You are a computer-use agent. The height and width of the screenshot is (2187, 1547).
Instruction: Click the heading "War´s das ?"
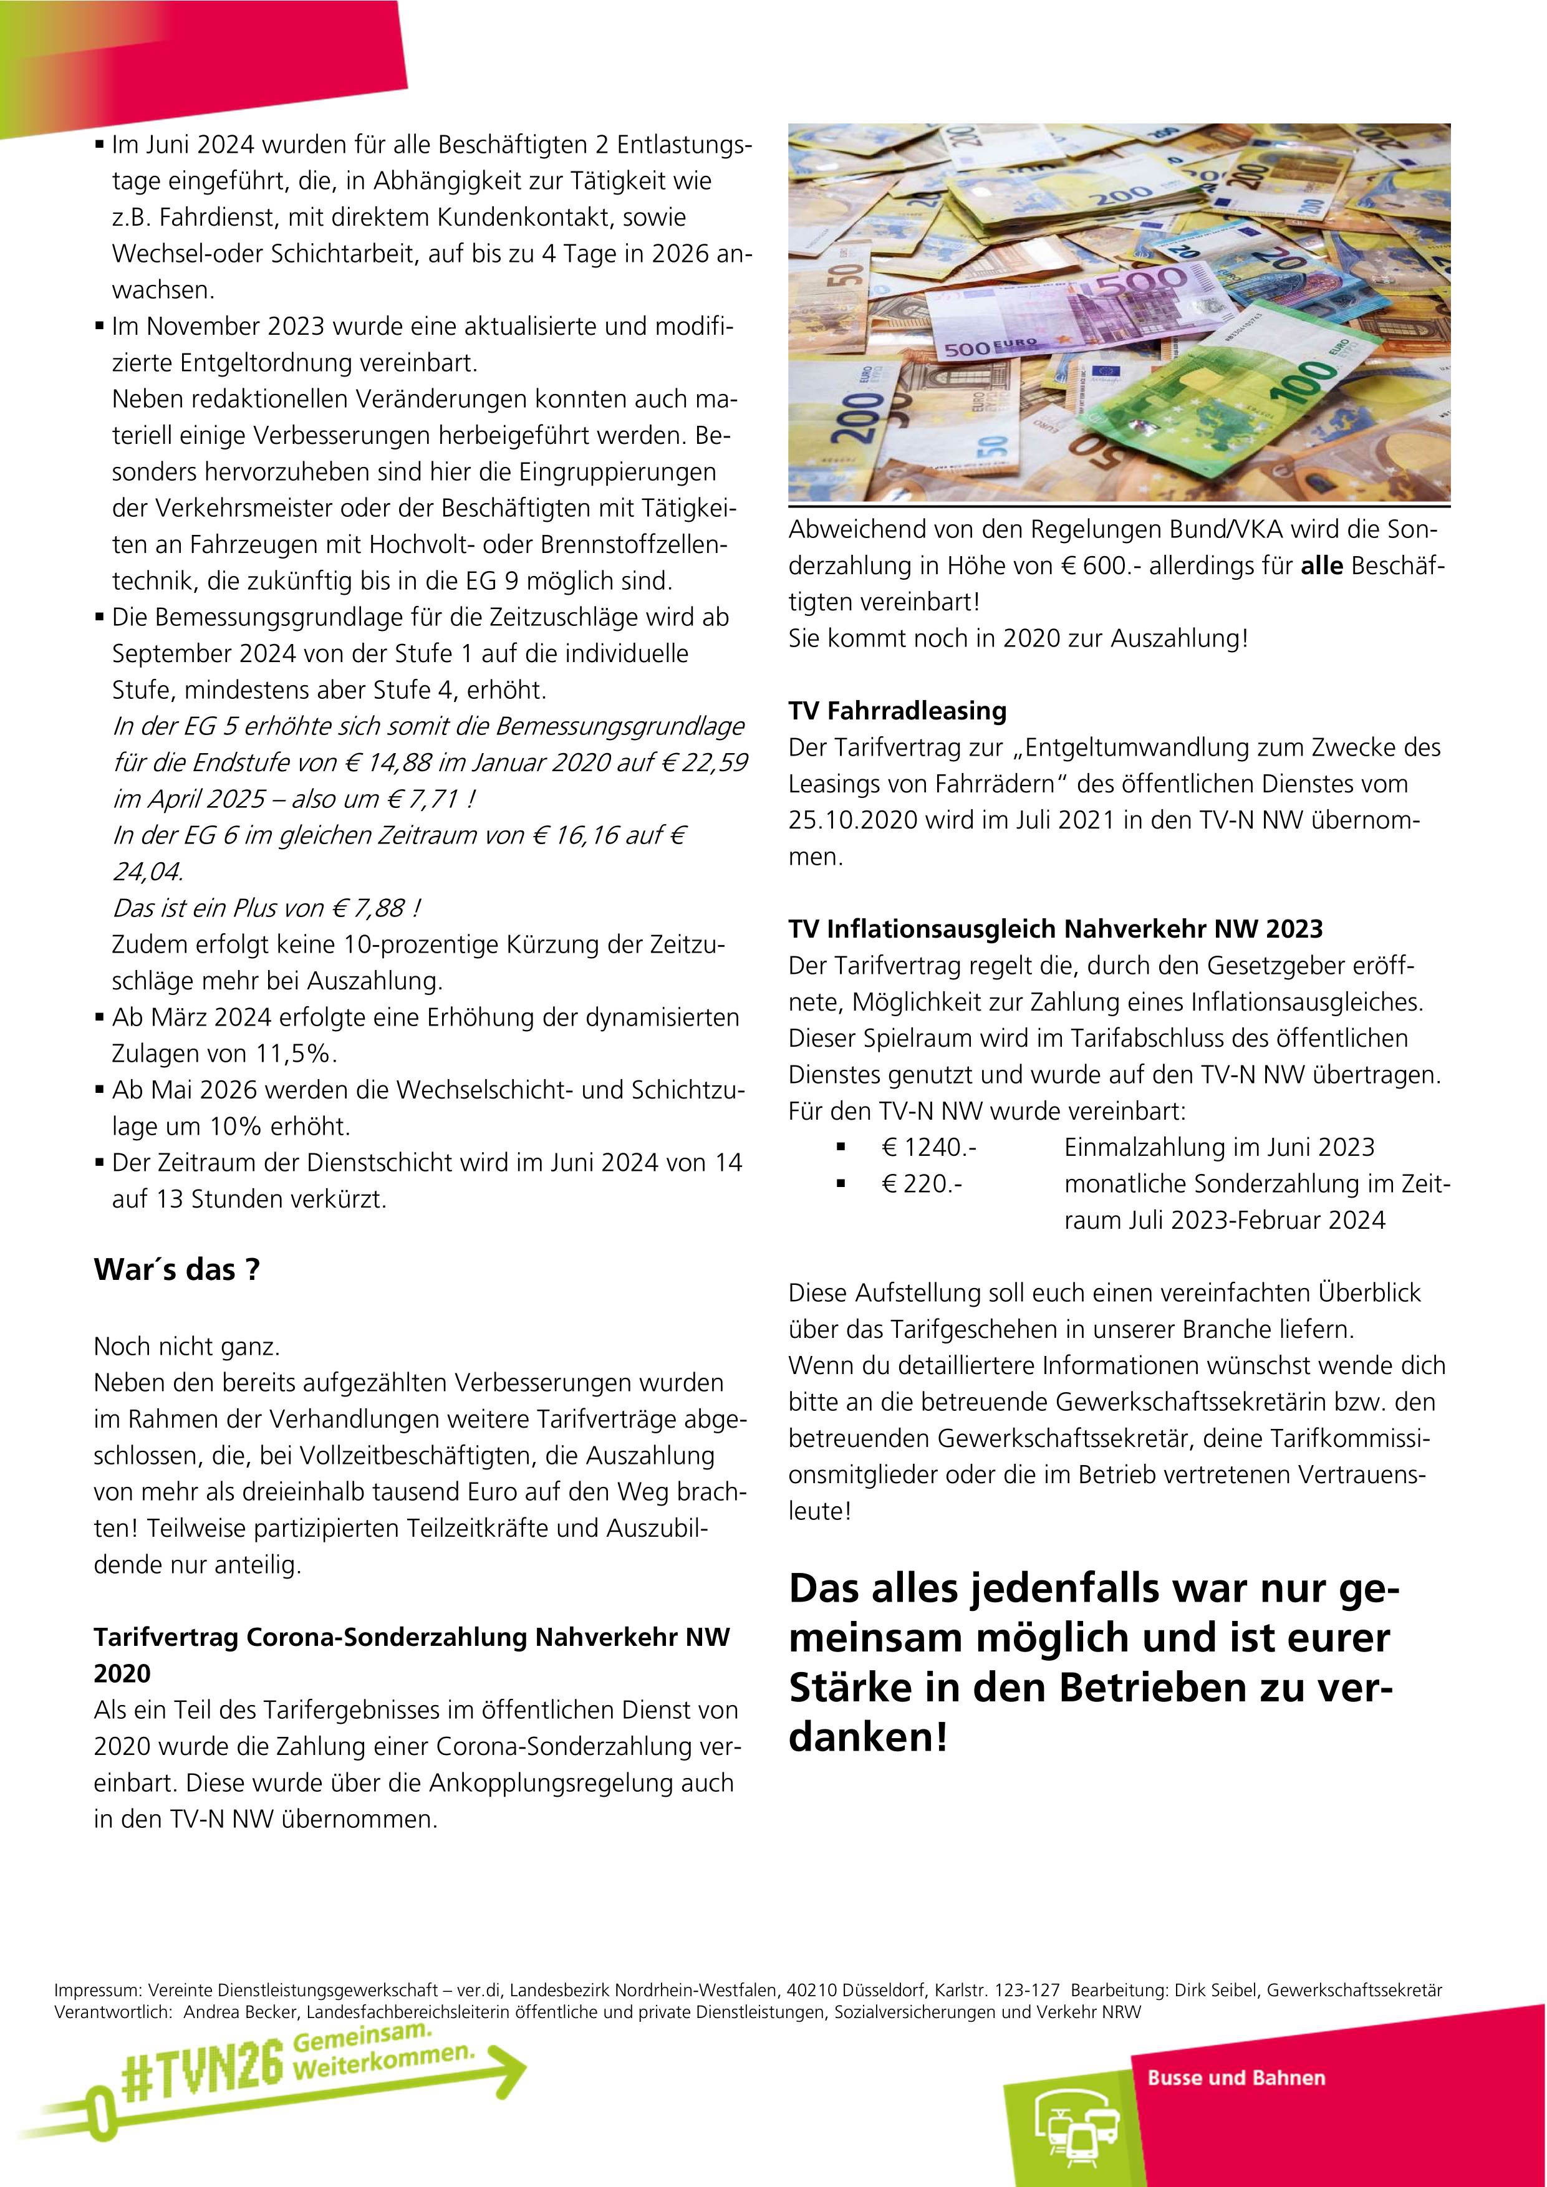176,1270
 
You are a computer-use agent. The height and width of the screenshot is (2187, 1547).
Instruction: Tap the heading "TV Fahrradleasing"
897,711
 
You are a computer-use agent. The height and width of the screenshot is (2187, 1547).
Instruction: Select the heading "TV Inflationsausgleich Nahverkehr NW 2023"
1056,929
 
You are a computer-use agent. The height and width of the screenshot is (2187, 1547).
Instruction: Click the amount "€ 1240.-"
929,1148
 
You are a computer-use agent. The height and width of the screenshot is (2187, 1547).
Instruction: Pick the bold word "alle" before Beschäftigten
1321,566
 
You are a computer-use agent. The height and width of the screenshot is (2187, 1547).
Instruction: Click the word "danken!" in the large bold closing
868,1736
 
